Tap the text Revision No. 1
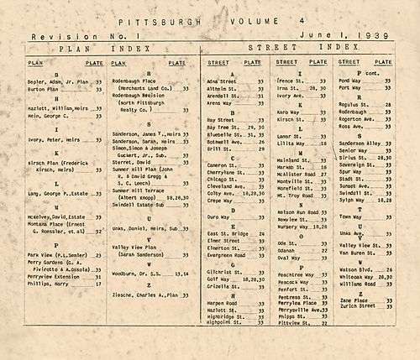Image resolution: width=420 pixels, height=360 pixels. click(x=68, y=38)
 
